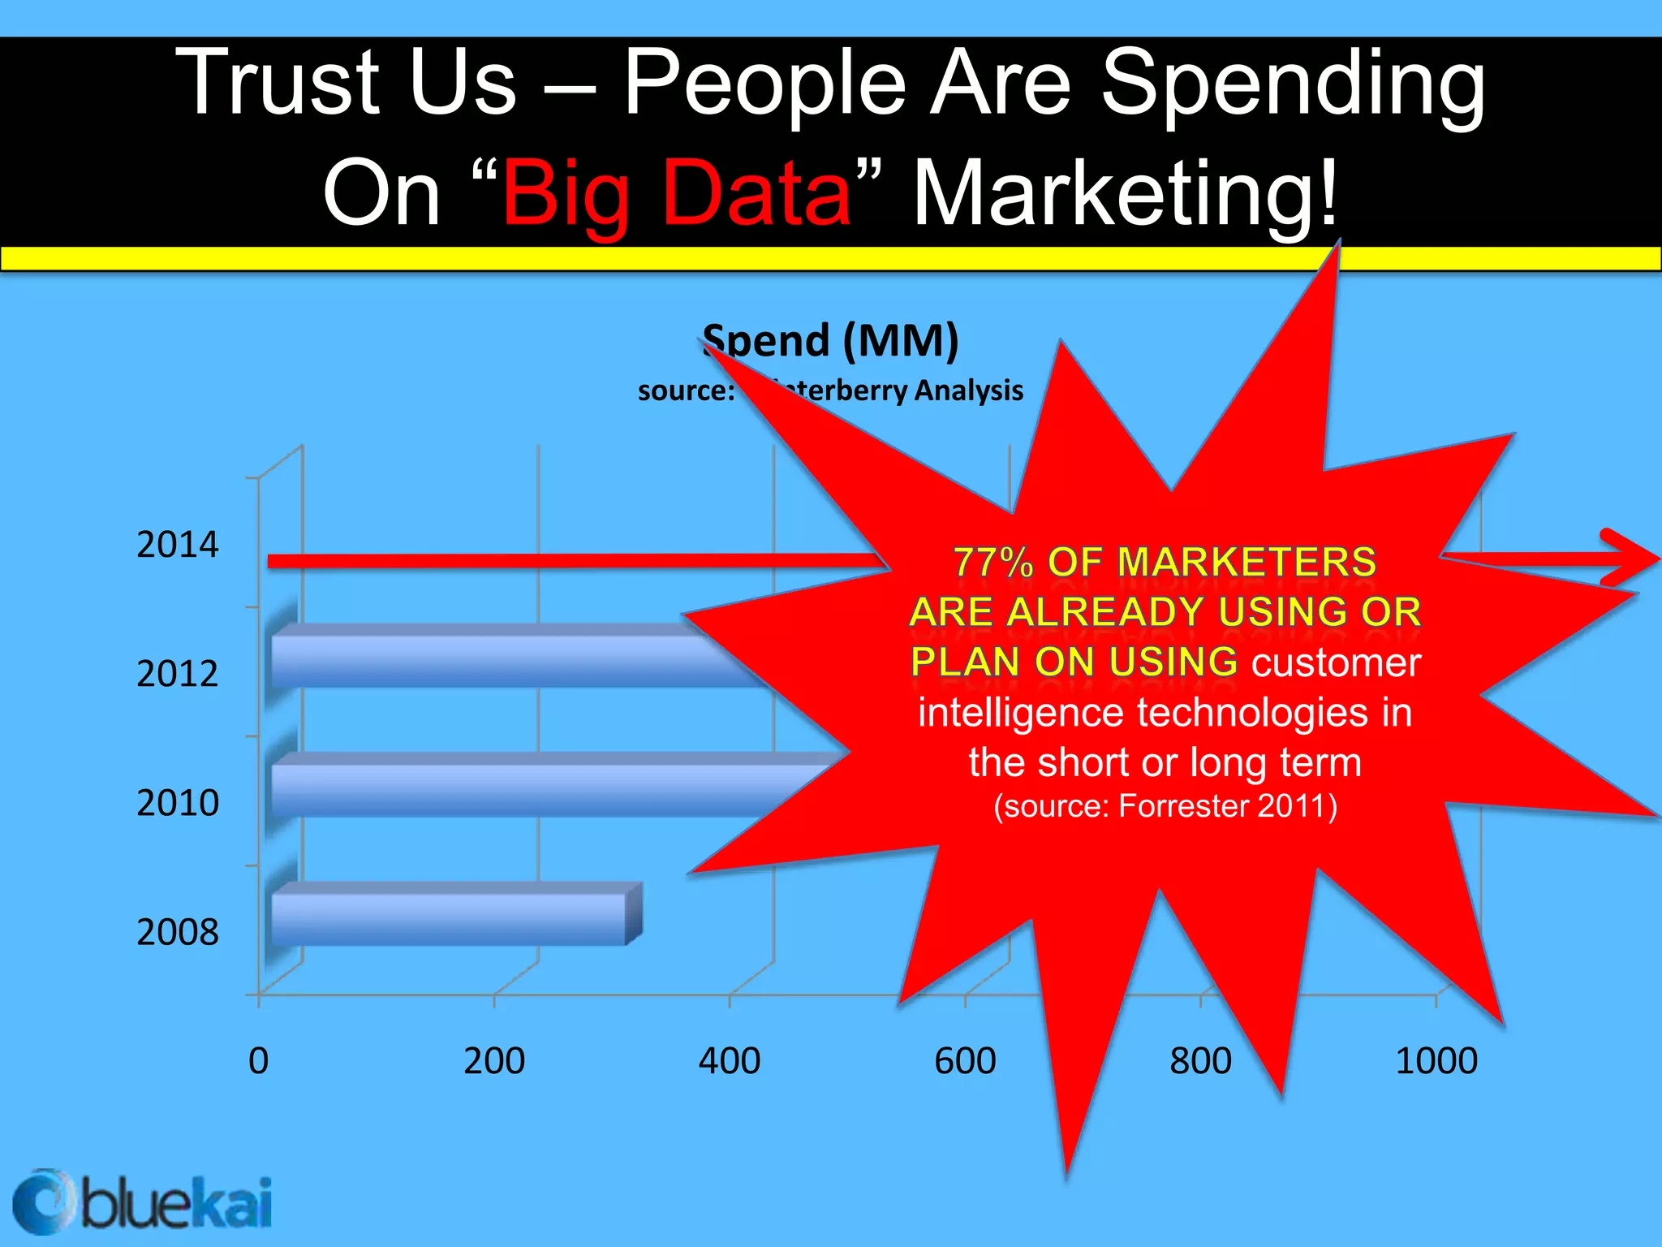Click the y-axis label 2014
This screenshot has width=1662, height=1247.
(177, 545)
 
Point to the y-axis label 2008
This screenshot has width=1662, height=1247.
(177, 932)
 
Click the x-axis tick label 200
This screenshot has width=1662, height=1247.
(493, 1061)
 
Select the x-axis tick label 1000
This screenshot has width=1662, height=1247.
(1436, 1061)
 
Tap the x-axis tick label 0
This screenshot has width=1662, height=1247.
(258, 1061)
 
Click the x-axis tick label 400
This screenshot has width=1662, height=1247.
(729, 1061)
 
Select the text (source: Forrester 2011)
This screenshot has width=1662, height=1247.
(1165, 806)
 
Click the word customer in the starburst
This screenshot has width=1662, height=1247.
(1336, 662)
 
